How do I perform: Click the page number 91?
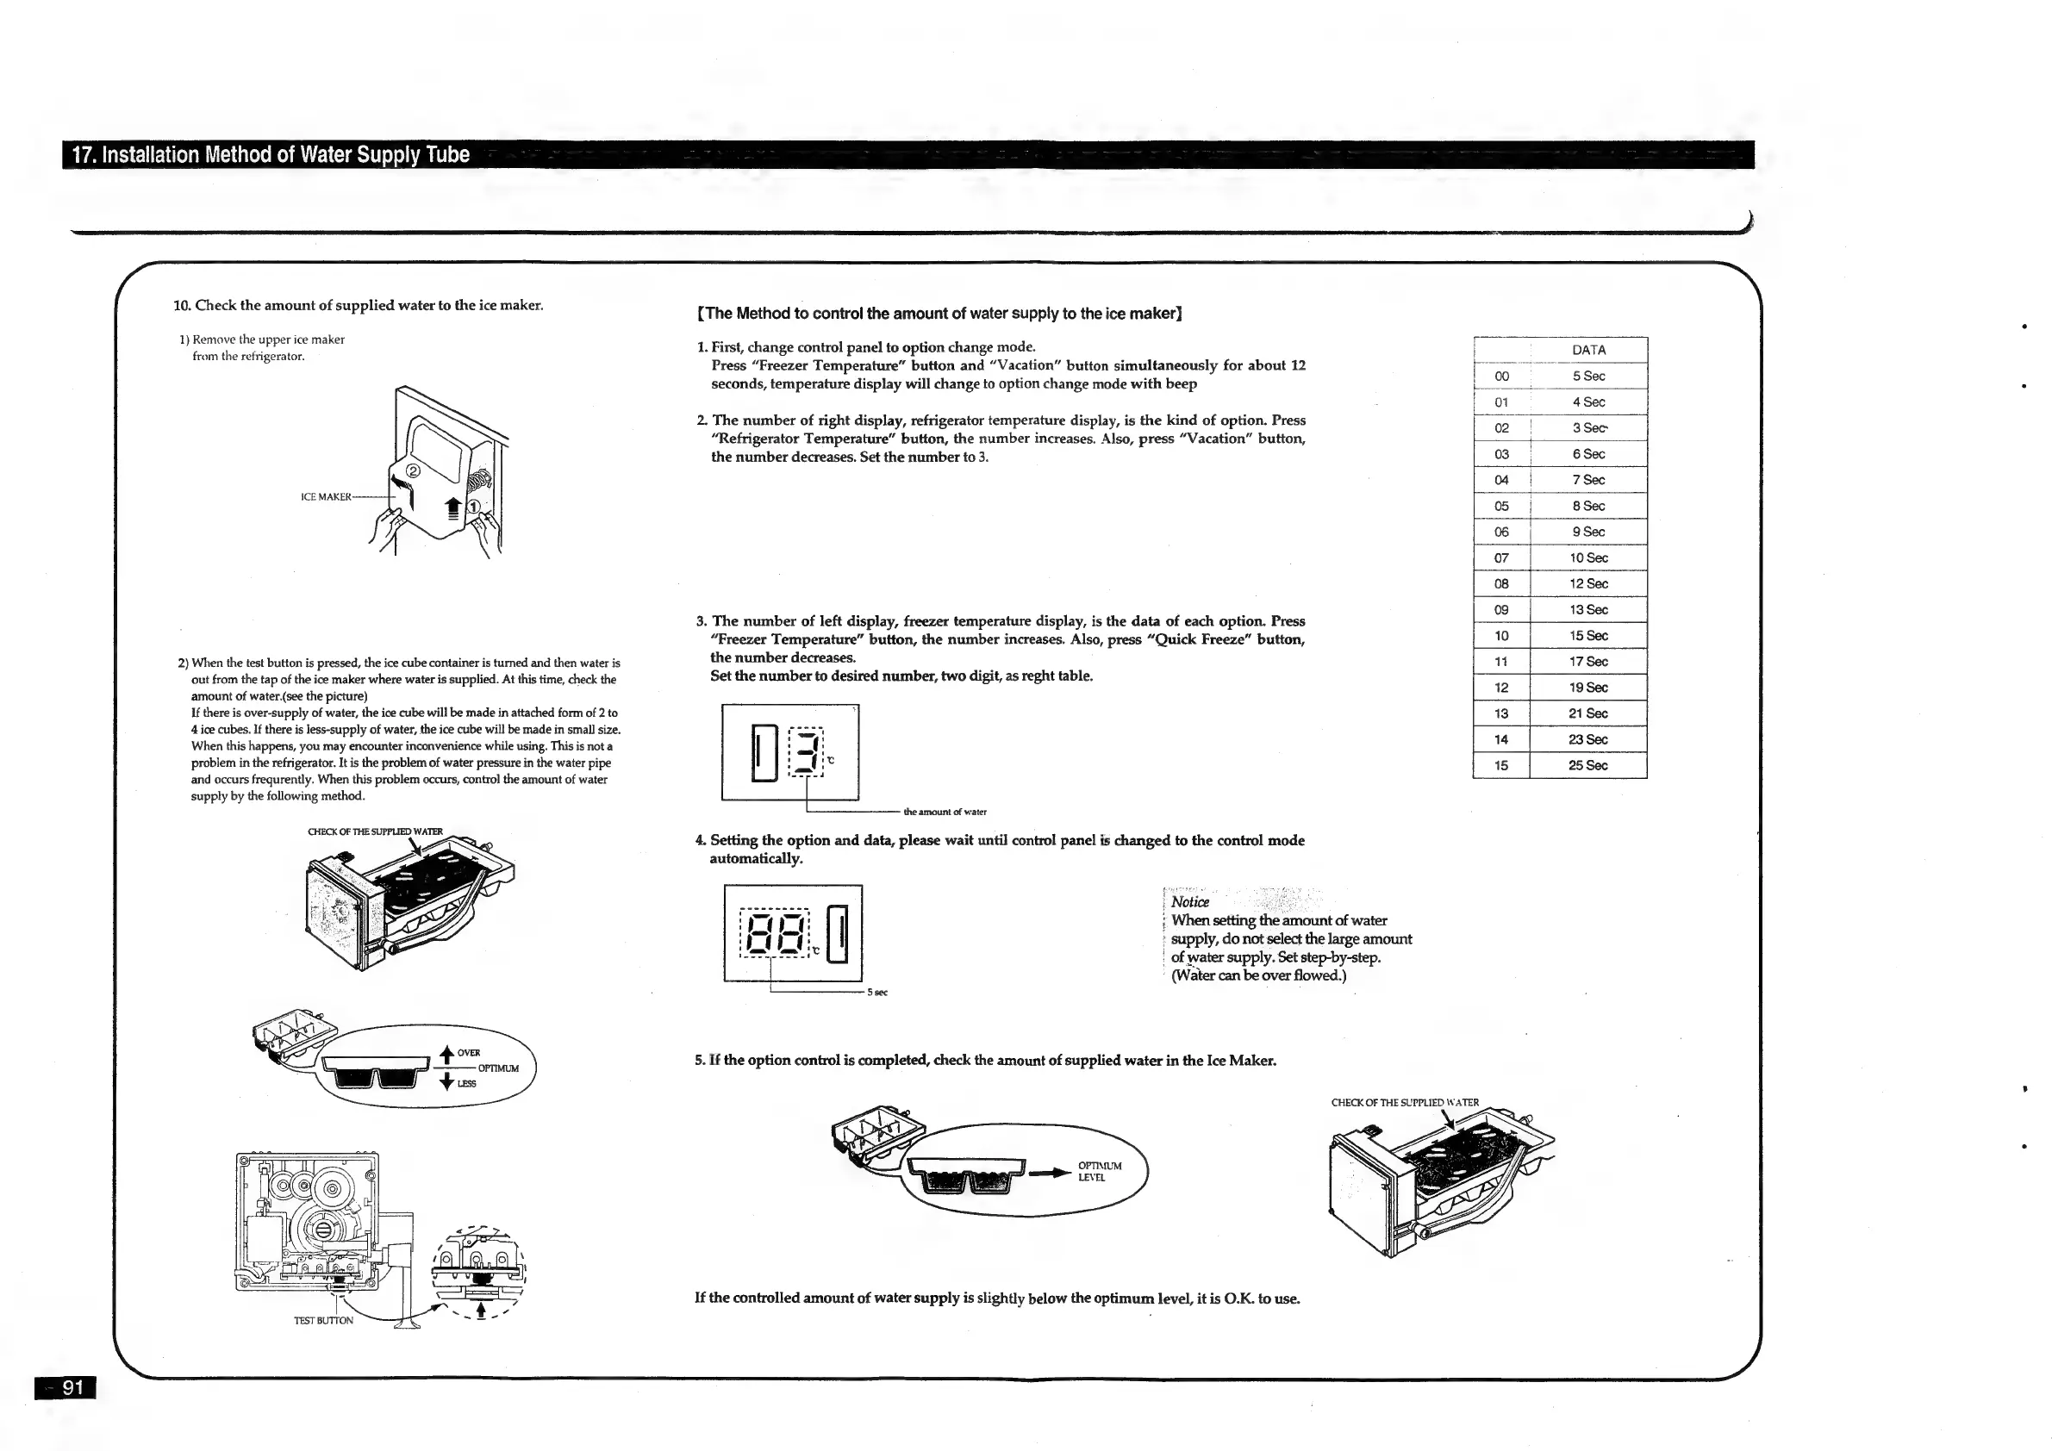tap(72, 1387)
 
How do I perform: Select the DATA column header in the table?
tap(1588, 350)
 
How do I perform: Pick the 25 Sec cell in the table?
tap(1587, 766)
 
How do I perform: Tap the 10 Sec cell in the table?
tap(1588, 558)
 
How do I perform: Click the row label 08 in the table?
tap(1501, 584)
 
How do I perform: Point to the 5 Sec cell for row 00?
tap(1588, 377)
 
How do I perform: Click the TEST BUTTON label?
tap(323, 1321)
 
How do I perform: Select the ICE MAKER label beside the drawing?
tap(327, 497)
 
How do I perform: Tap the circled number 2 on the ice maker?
tap(413, 470)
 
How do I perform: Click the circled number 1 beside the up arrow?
tap(475, 507)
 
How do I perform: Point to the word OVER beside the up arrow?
tap(468, 1053)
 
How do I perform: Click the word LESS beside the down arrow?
tap(466, 1084)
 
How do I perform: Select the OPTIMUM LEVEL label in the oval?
tap(1100, 1171)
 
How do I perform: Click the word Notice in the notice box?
tap(1189, 902)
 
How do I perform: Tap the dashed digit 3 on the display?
tap(805, 752)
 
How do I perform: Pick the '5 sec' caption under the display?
tap(876, 993)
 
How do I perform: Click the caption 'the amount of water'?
tap(945, 813)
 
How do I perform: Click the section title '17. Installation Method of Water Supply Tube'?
tap(271, 154)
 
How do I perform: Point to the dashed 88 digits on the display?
tap(775, 934)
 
